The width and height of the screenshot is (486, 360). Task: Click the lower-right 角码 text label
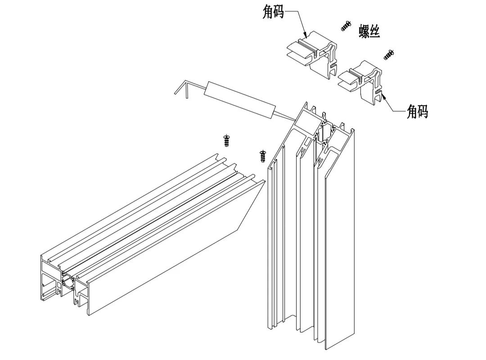[417, 111]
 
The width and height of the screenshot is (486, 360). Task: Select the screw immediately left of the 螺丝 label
[346, 26]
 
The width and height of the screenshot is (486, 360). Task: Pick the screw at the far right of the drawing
[389, 55]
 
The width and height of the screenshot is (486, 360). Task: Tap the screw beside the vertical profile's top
[263, 156]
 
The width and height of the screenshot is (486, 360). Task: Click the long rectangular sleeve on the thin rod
[238, 99]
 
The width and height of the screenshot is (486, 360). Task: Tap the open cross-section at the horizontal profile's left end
[61, 283]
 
